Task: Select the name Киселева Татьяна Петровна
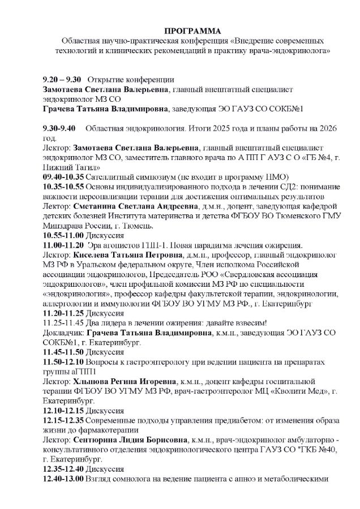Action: (125, 255)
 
